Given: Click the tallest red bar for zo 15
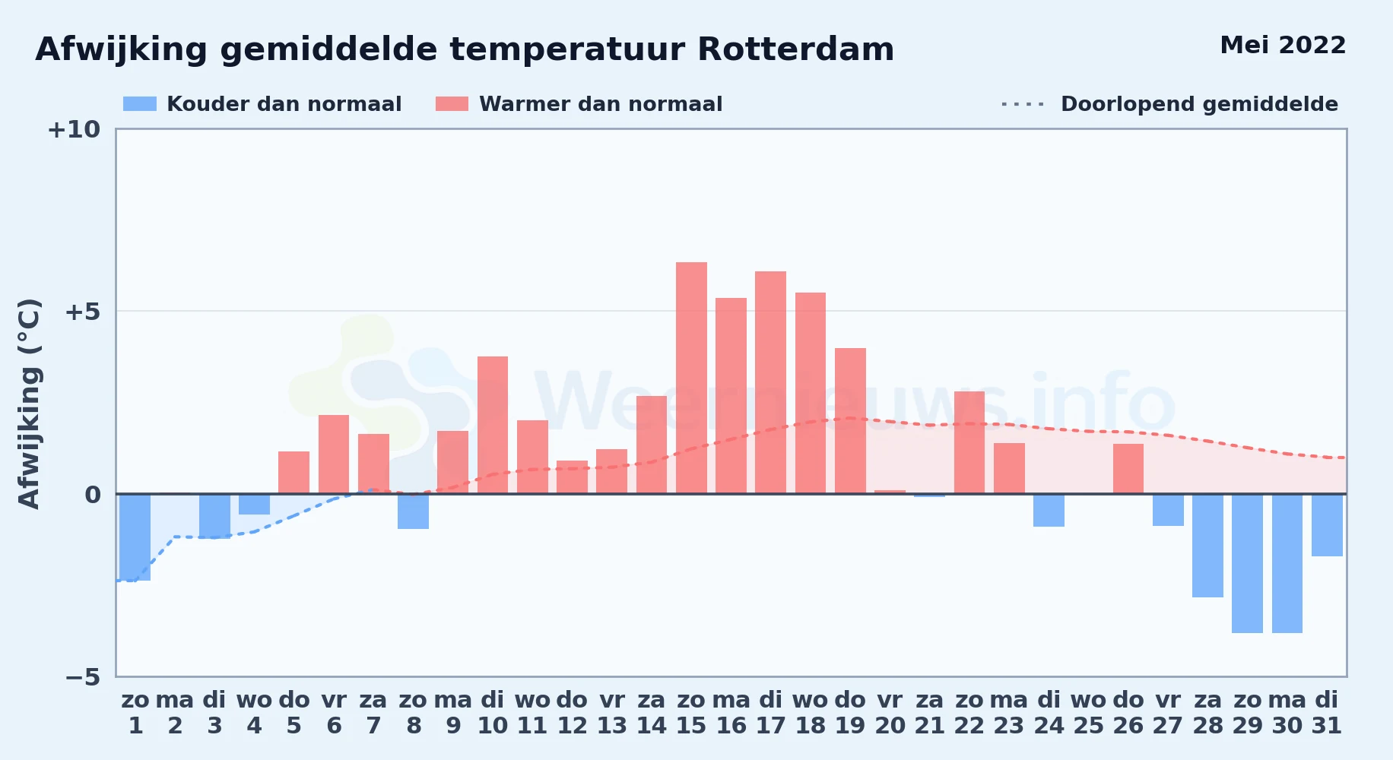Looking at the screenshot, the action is pos(691,378).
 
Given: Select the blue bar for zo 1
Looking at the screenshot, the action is pos(135,537).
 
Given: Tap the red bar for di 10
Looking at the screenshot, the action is pos(493,425).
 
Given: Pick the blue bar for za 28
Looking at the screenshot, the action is pos(1207,546).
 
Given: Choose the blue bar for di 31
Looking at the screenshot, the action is pos(1327,525).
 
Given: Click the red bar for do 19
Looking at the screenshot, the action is pos(850,421).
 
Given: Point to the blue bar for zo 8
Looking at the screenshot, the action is pos(413,511).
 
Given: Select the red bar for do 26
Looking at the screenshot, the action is pos(1128,469).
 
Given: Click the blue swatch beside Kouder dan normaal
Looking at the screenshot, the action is pos(140,104).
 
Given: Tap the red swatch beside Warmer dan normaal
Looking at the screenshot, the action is pos(452,104).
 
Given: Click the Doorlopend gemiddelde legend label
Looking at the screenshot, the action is pos(1199,104).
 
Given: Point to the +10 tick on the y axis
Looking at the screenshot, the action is pos(74,129).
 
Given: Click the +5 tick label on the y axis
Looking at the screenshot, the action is pos(82,312).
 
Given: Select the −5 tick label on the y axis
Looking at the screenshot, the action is pos(82,676).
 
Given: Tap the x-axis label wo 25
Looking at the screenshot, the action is pos(1088,713).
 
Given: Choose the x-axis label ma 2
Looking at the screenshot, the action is pos(175,713).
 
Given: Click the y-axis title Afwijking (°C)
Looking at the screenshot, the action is pos(29,404).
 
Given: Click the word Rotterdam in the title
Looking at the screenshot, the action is pos(795,49).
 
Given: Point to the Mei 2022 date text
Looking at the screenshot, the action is pos(1283,45).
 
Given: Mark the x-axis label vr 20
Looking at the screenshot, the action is pos(890,713).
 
